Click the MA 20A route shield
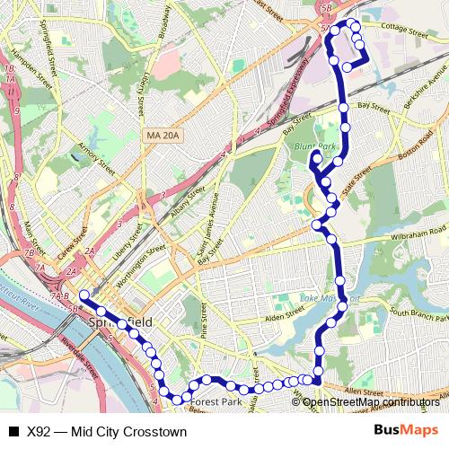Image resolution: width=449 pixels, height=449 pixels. [x=162, y=136]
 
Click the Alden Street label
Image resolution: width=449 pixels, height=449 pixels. [x=286, y=317]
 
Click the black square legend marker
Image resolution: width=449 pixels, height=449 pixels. [x=13, y=431]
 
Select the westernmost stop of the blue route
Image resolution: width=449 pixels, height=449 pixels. [x=84, y=295]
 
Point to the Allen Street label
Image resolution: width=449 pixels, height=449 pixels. [x=359, y=392]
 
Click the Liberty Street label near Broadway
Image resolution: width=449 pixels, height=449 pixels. [x=144, y=91]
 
